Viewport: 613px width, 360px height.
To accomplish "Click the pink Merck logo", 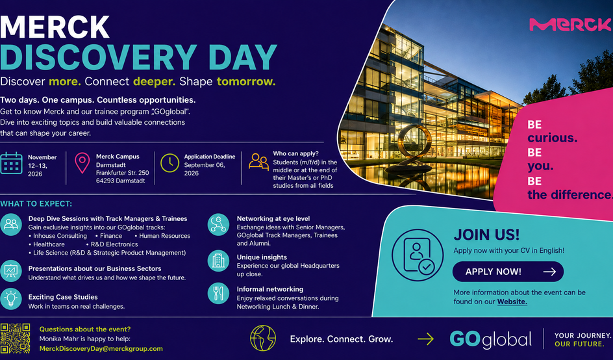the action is click(571, 25).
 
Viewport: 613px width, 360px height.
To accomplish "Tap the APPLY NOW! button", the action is click(508, 272).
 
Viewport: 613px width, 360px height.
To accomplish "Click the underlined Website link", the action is click(512, 302).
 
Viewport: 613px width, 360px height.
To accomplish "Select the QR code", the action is click(15, 339).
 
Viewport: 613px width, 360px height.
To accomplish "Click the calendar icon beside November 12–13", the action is click(11, 163).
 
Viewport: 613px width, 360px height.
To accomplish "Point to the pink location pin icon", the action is click(82, 163).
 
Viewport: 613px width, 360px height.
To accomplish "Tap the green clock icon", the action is click(169, 163).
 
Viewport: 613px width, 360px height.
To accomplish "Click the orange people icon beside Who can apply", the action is click(259, 162).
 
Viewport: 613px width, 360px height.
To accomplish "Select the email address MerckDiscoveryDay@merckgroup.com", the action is click(101, 349).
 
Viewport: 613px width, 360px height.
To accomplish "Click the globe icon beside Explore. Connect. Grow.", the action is click(263, 338).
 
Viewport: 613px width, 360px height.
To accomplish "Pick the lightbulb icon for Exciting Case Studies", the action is click(11, 299).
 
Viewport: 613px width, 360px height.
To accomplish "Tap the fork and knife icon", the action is click(218, 293).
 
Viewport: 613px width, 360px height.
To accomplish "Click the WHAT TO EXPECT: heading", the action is click(36, 204).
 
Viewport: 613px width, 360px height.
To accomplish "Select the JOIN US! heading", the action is click(487, 235).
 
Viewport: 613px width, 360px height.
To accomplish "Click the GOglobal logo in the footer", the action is click(491, 339).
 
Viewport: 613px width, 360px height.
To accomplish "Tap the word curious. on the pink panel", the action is click(552, 138).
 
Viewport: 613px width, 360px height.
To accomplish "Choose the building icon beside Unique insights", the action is click(218, 261).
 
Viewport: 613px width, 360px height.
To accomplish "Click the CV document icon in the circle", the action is click(418, 255).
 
